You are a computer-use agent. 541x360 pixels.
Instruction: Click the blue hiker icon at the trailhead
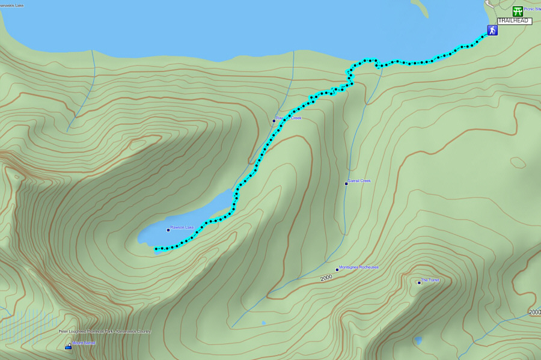pos(492,30)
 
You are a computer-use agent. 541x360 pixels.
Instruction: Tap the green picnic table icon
pos(518,11)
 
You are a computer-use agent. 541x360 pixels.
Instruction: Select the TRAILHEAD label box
pos(515,21)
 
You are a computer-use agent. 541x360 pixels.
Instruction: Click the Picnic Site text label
pos(533,9)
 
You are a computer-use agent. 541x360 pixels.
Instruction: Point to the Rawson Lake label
pos(182,228)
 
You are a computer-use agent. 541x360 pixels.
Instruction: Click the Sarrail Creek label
pos(359,181)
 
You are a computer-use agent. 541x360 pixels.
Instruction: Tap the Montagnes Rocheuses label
pos(359,267)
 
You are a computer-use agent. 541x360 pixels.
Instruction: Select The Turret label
pos(430,281)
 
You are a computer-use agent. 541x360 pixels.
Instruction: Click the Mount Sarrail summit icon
pos(68,346)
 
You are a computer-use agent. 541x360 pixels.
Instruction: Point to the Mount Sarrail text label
pos(84,343)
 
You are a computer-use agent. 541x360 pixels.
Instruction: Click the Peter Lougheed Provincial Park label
pos(105,332)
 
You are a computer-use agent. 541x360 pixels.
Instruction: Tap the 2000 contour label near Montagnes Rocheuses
pos(326,278)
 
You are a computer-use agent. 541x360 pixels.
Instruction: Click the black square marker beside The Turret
pos(419,282)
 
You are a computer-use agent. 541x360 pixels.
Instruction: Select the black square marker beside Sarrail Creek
pos(346,183)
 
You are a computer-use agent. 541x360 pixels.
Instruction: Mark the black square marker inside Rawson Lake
pos(168,230)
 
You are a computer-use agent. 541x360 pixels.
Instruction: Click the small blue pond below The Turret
pos(418,340)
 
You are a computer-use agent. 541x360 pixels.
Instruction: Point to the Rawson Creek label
pos(289,118)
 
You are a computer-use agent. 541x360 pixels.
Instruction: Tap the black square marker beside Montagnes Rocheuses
pos(337,270)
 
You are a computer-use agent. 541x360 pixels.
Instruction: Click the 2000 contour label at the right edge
pos(534,313)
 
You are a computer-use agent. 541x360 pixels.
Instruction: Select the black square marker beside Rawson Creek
pos(274,121)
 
